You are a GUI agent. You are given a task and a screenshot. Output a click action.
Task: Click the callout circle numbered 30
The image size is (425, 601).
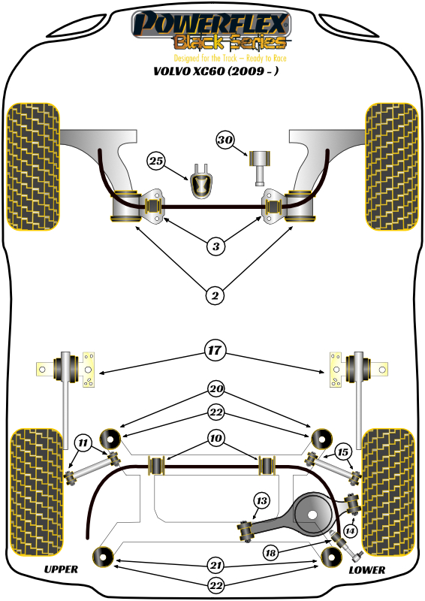pyautogui.click(x=225, y=140)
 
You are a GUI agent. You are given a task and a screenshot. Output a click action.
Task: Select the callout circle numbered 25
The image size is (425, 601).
pyautogui.click(x=156, y=161)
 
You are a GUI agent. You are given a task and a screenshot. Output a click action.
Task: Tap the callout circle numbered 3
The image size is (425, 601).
pyautogui.click(x=216, y=246)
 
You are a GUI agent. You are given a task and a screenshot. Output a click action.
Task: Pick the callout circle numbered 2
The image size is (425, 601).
pyautogui.click(x=215, y=295)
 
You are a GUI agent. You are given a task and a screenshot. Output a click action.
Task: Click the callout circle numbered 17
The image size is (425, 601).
pyautogui.click(x=215, y=350)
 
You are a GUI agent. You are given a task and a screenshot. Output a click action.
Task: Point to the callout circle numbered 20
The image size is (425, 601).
pyautogui.click(x=216, y=389)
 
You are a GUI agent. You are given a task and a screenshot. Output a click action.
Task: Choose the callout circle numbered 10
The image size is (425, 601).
pyautogui.click(x=216, y=438)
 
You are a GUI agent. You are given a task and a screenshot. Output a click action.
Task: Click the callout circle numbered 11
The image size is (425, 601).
pyautogui.click(x=83, y=443)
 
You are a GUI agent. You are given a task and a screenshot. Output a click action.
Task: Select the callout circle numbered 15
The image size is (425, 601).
pyautogui.click(x=343, y=452)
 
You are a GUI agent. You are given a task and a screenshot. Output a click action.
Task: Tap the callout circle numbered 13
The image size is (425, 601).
pyautogui.click(x=262, y=500)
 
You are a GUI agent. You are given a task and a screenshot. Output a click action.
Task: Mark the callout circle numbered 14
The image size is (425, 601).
pyautogui.click(x=349, y=531)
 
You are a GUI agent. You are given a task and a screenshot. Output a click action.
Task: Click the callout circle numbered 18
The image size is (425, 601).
pyautogui.click(x=270, y=553)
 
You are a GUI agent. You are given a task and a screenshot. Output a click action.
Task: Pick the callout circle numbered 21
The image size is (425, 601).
pyautogui.click(x=216, y=565)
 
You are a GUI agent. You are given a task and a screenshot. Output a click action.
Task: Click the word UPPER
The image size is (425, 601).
pyautogui.click(x=61, y=569)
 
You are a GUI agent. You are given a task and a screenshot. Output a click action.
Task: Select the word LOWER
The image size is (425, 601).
pyautogui.click(x=366, y=570)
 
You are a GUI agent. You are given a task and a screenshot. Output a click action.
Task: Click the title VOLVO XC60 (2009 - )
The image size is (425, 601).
pyautogui.click(x=216, y=71)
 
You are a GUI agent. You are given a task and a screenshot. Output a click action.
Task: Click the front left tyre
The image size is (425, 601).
pyautogui.click(x=34, y=167)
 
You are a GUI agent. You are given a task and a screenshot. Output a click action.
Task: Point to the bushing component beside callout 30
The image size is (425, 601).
pyautogui.click(x=260, y=168)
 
